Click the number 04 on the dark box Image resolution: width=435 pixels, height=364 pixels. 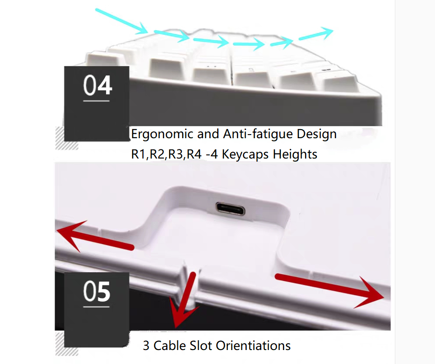tap(97, 85)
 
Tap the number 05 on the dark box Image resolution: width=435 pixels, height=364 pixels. tap(97, 291)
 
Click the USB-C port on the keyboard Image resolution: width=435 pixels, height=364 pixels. tap(231, 209)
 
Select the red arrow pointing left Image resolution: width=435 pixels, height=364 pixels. tap(95, 236)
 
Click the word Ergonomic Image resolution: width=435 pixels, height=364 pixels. tap(162, 135)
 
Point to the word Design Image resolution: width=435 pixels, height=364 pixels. tap(316, 135)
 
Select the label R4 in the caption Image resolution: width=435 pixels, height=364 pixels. tap(194, 154)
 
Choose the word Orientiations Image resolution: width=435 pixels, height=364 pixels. tap(253, 345)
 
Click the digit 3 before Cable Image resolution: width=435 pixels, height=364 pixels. tap(146, 346)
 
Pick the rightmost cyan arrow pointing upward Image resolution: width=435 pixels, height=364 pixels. tap(316, 34)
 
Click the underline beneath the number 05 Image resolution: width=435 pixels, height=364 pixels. tap(96, 307)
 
